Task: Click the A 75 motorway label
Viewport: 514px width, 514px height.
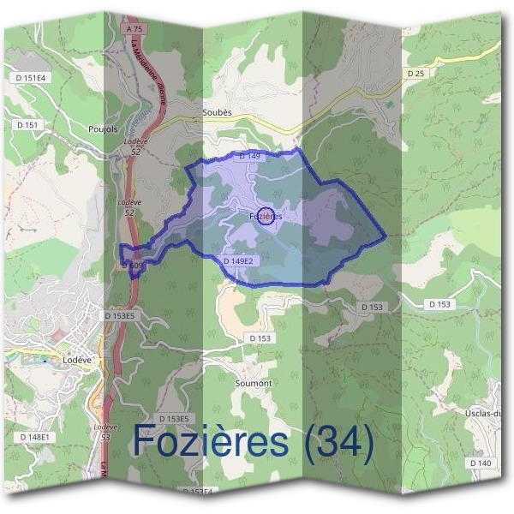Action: [133, 28]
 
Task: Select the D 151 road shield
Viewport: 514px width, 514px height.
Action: [27, 125]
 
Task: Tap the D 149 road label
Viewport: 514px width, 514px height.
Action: [249, 157]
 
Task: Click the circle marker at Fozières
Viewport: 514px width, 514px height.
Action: [266, 216]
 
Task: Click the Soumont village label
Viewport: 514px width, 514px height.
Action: [253, 384]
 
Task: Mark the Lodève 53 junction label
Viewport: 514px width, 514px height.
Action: [105, 432]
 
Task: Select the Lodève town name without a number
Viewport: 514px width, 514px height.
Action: [77, 361]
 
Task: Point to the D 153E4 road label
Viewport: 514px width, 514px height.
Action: [198, 492]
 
